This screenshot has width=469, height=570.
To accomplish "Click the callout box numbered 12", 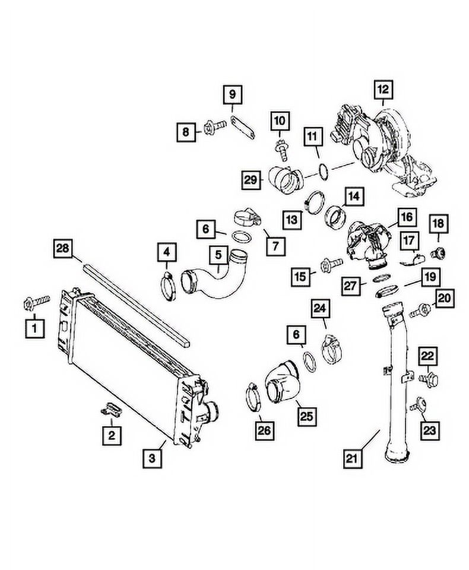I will click(384, 91).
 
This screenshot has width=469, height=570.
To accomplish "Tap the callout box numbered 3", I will click(153, 458).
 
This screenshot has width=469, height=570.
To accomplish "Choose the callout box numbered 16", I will click(405, 217).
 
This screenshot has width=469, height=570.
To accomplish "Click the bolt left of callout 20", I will click(420, 309).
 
